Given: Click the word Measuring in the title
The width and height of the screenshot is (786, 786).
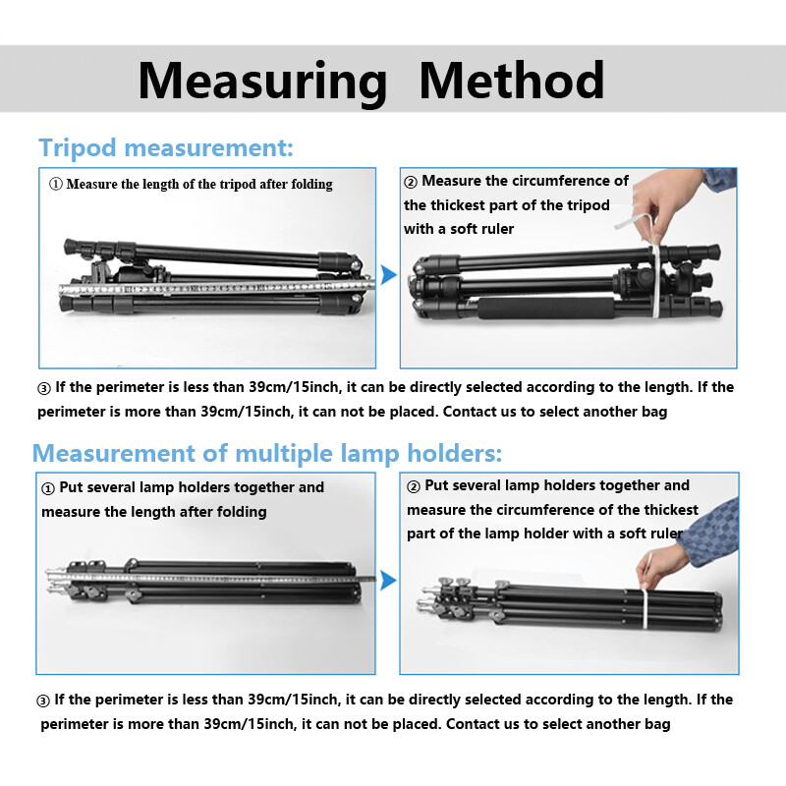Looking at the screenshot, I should click(262, 80).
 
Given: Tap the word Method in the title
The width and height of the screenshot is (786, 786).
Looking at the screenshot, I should click(511, 80).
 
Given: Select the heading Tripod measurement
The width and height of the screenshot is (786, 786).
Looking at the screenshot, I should click(165, 148).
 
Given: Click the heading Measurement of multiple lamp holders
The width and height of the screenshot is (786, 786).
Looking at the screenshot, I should click(267, 453).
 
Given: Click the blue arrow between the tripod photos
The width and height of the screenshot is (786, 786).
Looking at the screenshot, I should click(388, 274).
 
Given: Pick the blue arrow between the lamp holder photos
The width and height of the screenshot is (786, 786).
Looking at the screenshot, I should click(388, 581).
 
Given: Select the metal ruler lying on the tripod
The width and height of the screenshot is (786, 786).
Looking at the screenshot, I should click(216, 289).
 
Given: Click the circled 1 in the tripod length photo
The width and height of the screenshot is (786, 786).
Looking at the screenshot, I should click(55, 184).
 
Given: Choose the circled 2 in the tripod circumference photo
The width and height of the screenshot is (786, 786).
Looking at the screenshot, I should click(411, 182).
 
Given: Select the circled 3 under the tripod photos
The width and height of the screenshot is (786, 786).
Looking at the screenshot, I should click(43, 388).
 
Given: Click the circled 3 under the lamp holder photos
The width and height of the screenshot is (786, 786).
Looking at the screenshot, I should click(43, 701).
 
